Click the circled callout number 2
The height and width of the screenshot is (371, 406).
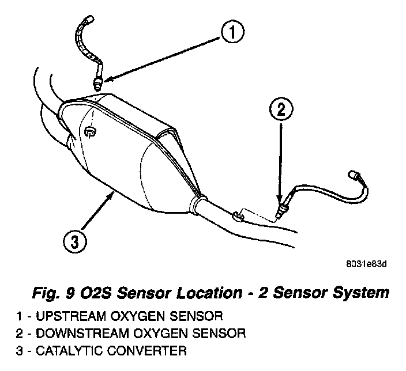(280, 109)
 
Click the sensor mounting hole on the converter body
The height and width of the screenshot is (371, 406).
(89, 134)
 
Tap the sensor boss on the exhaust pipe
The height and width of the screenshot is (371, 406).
(238, 215)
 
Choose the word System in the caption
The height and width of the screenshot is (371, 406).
(359, 294)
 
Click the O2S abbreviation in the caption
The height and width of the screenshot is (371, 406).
(93, 294)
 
